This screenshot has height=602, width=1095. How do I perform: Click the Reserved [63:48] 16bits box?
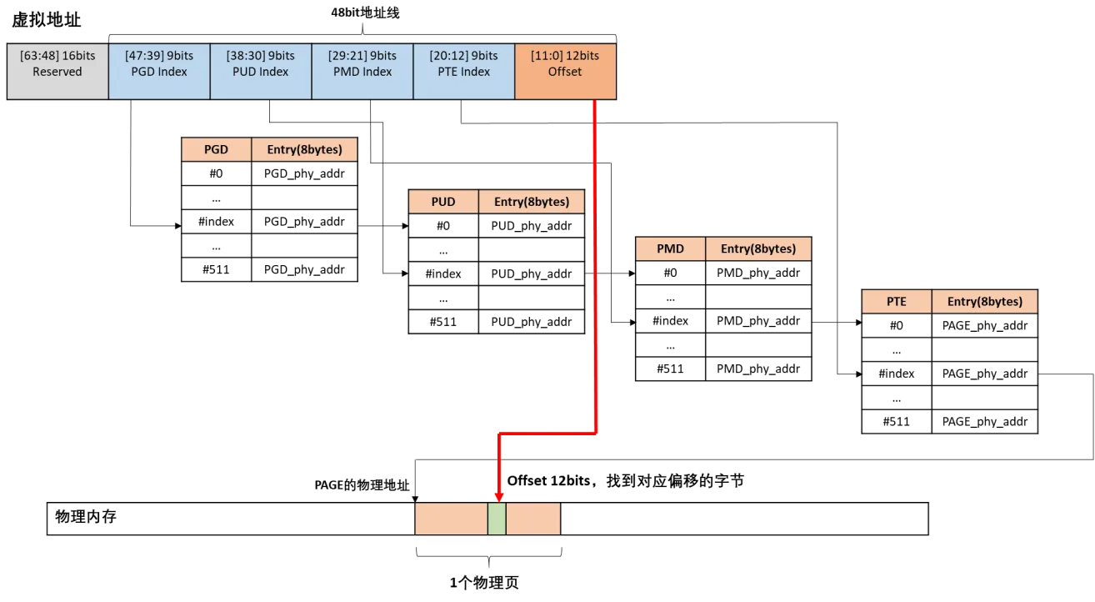(x=57, y=72)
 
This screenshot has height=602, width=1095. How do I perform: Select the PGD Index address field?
(x=159, y=72)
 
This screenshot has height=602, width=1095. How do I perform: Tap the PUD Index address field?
(x=261, y=72)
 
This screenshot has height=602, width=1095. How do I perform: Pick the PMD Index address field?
(x=362, y=72)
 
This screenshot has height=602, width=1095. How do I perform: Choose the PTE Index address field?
(x=464, y=72)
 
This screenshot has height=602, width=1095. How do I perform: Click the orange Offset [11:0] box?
(x=565, y=72)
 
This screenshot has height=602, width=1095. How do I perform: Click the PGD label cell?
(x=216, y=150)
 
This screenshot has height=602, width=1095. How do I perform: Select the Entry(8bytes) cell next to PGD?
(x=304, y=150)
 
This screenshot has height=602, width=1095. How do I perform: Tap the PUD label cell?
(x=443, y=202)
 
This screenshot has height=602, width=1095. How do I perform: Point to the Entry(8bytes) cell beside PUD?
(x=531, y=202)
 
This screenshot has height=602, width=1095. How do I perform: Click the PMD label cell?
(x=670, y=248)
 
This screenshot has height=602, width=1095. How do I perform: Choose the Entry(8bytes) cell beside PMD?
(x=758, y=248)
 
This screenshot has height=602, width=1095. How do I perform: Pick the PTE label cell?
(x=897, y=302)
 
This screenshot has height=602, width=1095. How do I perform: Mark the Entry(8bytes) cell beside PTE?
(x=984, y=302)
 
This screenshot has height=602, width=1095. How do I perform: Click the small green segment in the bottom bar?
(x=497, y=519)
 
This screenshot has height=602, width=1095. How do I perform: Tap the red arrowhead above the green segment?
(x=498, y=497)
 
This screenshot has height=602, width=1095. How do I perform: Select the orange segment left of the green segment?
(x=451, y=519)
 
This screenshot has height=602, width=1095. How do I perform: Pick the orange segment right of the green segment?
(x=532, y=519)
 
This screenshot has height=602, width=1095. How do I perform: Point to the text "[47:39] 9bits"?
(x=159, y=56)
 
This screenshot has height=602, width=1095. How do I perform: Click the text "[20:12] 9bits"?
(x=464, y=56)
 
